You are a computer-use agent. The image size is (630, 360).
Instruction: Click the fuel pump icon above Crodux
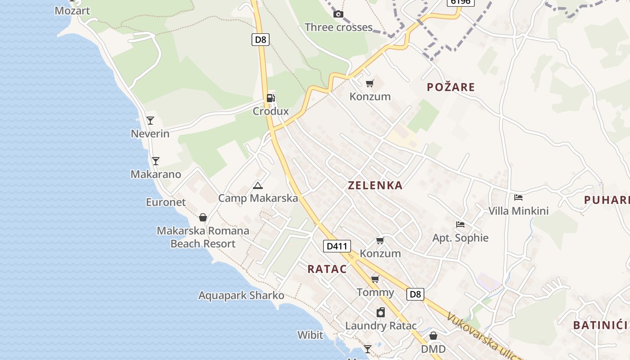270,98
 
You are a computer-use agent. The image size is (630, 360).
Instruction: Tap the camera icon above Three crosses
338,14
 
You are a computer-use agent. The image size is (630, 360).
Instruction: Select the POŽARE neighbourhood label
451,87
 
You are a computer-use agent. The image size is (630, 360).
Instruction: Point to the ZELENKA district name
375,185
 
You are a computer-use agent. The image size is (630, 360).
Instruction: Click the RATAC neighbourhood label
327,269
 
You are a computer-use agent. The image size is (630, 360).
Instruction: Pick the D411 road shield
337,246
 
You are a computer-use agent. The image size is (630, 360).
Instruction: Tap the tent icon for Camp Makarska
258,185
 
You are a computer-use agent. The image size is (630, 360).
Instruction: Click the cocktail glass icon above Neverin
150,121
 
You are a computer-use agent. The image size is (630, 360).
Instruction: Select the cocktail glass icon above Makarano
155,161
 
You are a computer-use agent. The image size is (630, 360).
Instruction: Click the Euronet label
166,202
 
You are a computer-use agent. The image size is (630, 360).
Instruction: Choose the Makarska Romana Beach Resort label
203,237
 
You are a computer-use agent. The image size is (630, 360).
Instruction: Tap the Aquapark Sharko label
241,296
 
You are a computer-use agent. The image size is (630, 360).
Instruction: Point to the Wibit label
310,335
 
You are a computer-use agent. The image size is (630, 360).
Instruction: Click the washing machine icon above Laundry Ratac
381,312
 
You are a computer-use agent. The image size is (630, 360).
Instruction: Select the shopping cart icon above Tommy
375,279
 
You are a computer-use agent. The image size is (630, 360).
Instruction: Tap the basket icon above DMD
433,336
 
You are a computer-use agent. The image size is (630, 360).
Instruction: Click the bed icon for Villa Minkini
518,197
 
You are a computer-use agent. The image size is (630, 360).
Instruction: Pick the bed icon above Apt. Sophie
460,224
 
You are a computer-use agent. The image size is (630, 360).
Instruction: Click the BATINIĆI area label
600,325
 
